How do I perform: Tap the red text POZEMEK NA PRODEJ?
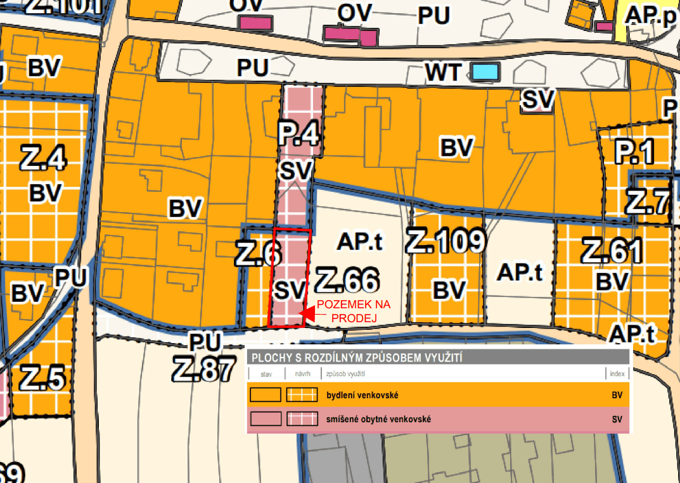354,311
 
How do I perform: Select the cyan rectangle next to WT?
486,71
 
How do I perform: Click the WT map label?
444,72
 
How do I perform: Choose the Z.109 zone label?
446,241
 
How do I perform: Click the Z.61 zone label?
612,251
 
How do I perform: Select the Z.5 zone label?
42,378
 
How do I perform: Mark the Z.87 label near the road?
203,369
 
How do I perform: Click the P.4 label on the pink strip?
298,134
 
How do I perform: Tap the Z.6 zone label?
257,254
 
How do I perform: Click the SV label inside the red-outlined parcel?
290,290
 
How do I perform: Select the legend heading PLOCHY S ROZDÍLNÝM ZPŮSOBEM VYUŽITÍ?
356,358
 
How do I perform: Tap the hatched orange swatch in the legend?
301,395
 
